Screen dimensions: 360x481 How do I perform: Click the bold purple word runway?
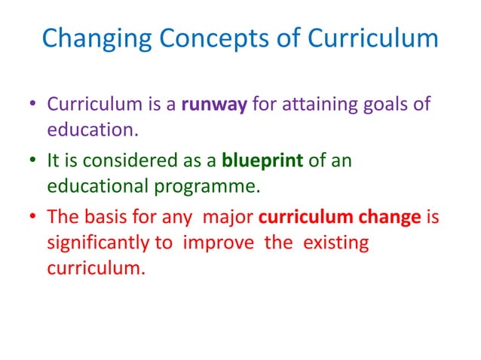213,105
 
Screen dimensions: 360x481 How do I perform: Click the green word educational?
101,185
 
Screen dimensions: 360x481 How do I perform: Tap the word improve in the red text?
236,243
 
